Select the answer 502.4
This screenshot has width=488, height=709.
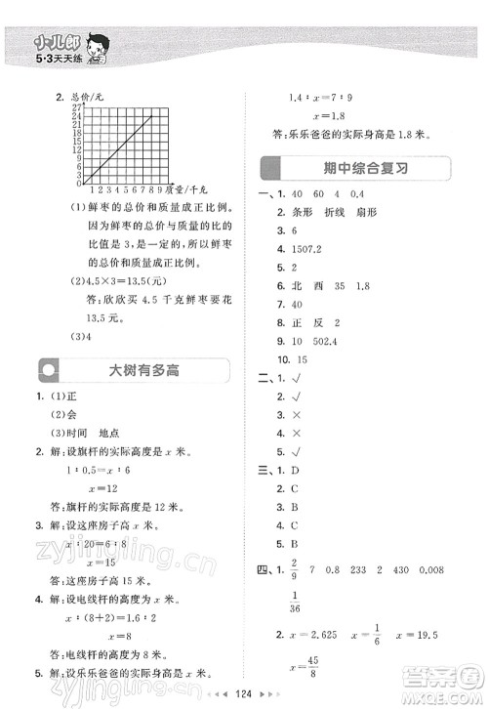[x=311, y=342]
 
